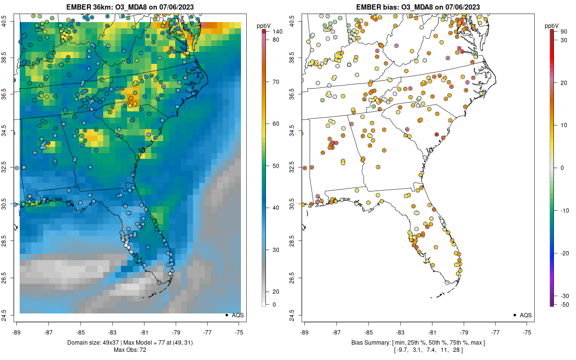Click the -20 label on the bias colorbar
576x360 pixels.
click(x=565, y=253)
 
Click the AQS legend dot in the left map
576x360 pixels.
click(x=226, y=315)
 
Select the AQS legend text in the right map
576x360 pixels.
click(x=526, y=315)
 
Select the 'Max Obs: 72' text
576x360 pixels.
click(x=130, y=350)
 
